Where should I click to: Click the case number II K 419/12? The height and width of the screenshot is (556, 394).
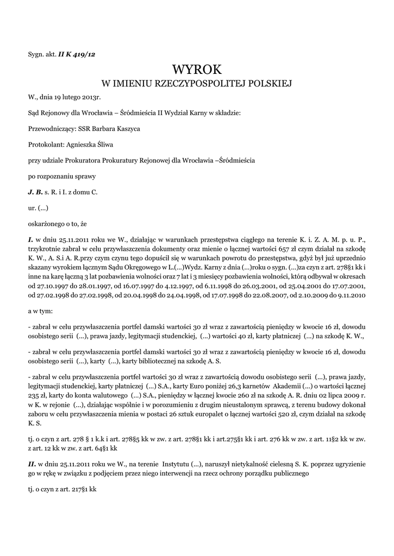pos(78,54)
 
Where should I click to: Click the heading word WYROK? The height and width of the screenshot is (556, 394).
pos(197,69)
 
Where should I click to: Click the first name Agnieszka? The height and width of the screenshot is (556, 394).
pos(82,144)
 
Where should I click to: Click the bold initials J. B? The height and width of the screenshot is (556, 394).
pos(35,192)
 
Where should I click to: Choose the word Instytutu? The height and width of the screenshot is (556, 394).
pos(178,465)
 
